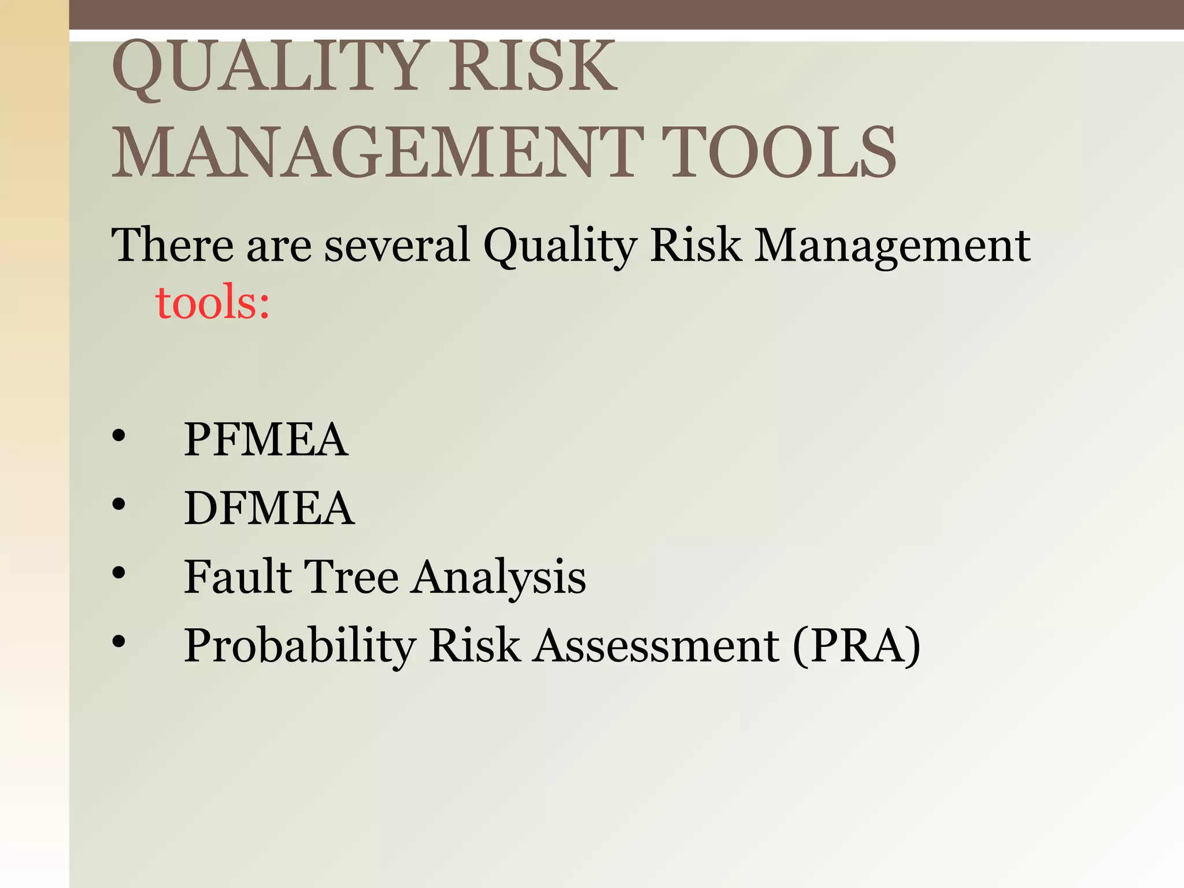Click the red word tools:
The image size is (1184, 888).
213,302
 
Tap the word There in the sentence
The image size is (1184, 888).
172,245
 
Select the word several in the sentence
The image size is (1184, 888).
397,245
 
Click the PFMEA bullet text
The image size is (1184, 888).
266,439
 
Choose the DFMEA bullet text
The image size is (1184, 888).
269,508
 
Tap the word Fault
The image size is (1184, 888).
238,576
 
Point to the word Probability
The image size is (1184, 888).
300,646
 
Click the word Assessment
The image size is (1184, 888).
656,645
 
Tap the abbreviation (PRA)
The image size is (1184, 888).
856,645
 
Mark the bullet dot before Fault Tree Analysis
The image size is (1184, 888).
119,573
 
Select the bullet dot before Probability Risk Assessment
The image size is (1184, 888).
119,641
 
